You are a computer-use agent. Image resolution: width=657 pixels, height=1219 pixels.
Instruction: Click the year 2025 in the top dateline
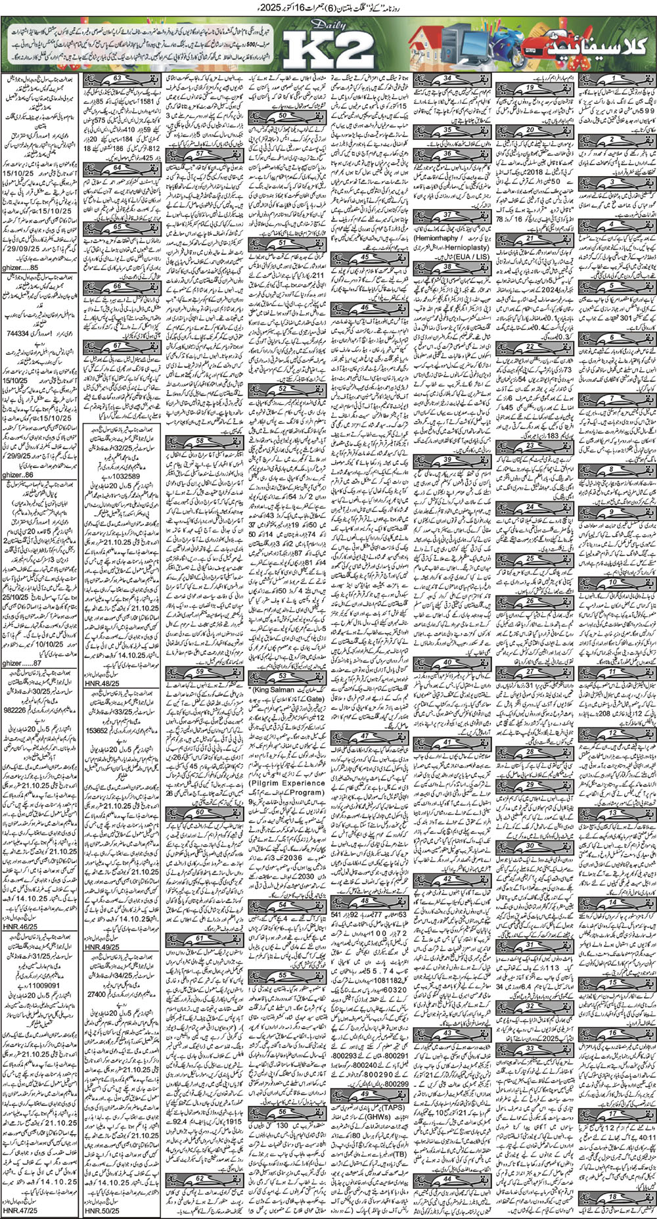pos(287,8)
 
